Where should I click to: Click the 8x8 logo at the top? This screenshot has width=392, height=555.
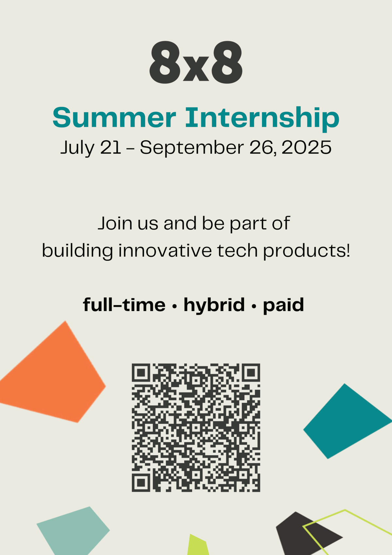(x=196, y=62)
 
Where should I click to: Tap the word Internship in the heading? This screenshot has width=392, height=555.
(x=262, y=119)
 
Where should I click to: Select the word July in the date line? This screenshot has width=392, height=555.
(x=77, y=148)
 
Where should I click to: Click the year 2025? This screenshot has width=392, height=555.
(x=306, y=147)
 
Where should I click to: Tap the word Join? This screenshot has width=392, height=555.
(x=115, y=223)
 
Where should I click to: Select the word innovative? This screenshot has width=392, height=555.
(x=165, y=250)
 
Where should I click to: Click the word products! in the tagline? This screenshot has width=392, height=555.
(x=306, y=251)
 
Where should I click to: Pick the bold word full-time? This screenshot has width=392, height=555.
(x=124, y=304)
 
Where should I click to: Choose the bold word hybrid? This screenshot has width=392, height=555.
(x=214, y=305)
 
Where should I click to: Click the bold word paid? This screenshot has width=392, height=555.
(x=283, y=305)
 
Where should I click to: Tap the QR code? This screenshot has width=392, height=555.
(x=196, y=428)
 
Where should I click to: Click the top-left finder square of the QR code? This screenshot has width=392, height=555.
(x=141, y=373)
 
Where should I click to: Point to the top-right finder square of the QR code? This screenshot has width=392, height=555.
(x=251, y=373)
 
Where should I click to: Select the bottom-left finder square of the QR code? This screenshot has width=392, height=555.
(x=141, y=483)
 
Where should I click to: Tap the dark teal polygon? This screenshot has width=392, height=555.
(x=347, y=421)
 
